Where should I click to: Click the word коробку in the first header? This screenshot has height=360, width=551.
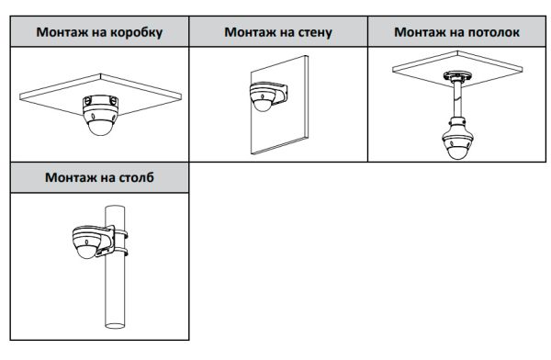136,32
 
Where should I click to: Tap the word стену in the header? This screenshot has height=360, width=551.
315,32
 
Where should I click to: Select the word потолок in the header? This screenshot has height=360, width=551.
494,32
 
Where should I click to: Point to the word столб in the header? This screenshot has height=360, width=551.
136,177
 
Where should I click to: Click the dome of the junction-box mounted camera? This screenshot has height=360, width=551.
101,128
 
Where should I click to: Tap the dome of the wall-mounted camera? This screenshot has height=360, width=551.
262,105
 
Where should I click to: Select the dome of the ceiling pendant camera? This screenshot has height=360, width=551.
457,152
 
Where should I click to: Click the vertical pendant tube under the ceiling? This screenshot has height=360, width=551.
457,100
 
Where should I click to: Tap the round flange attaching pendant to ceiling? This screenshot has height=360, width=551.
457,76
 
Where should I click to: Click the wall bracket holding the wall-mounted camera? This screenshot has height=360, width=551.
278,93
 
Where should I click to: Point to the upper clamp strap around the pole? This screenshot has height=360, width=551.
120,233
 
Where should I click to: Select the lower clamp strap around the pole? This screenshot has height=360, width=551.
120,251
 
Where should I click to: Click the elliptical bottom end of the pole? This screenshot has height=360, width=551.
115,325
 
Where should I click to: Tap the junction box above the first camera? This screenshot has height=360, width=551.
100,102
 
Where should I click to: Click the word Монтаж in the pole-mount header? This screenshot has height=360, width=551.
70,177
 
